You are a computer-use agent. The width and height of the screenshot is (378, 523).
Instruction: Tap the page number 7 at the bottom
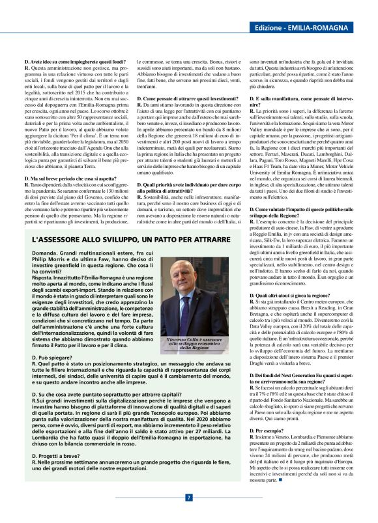point(189,497)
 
